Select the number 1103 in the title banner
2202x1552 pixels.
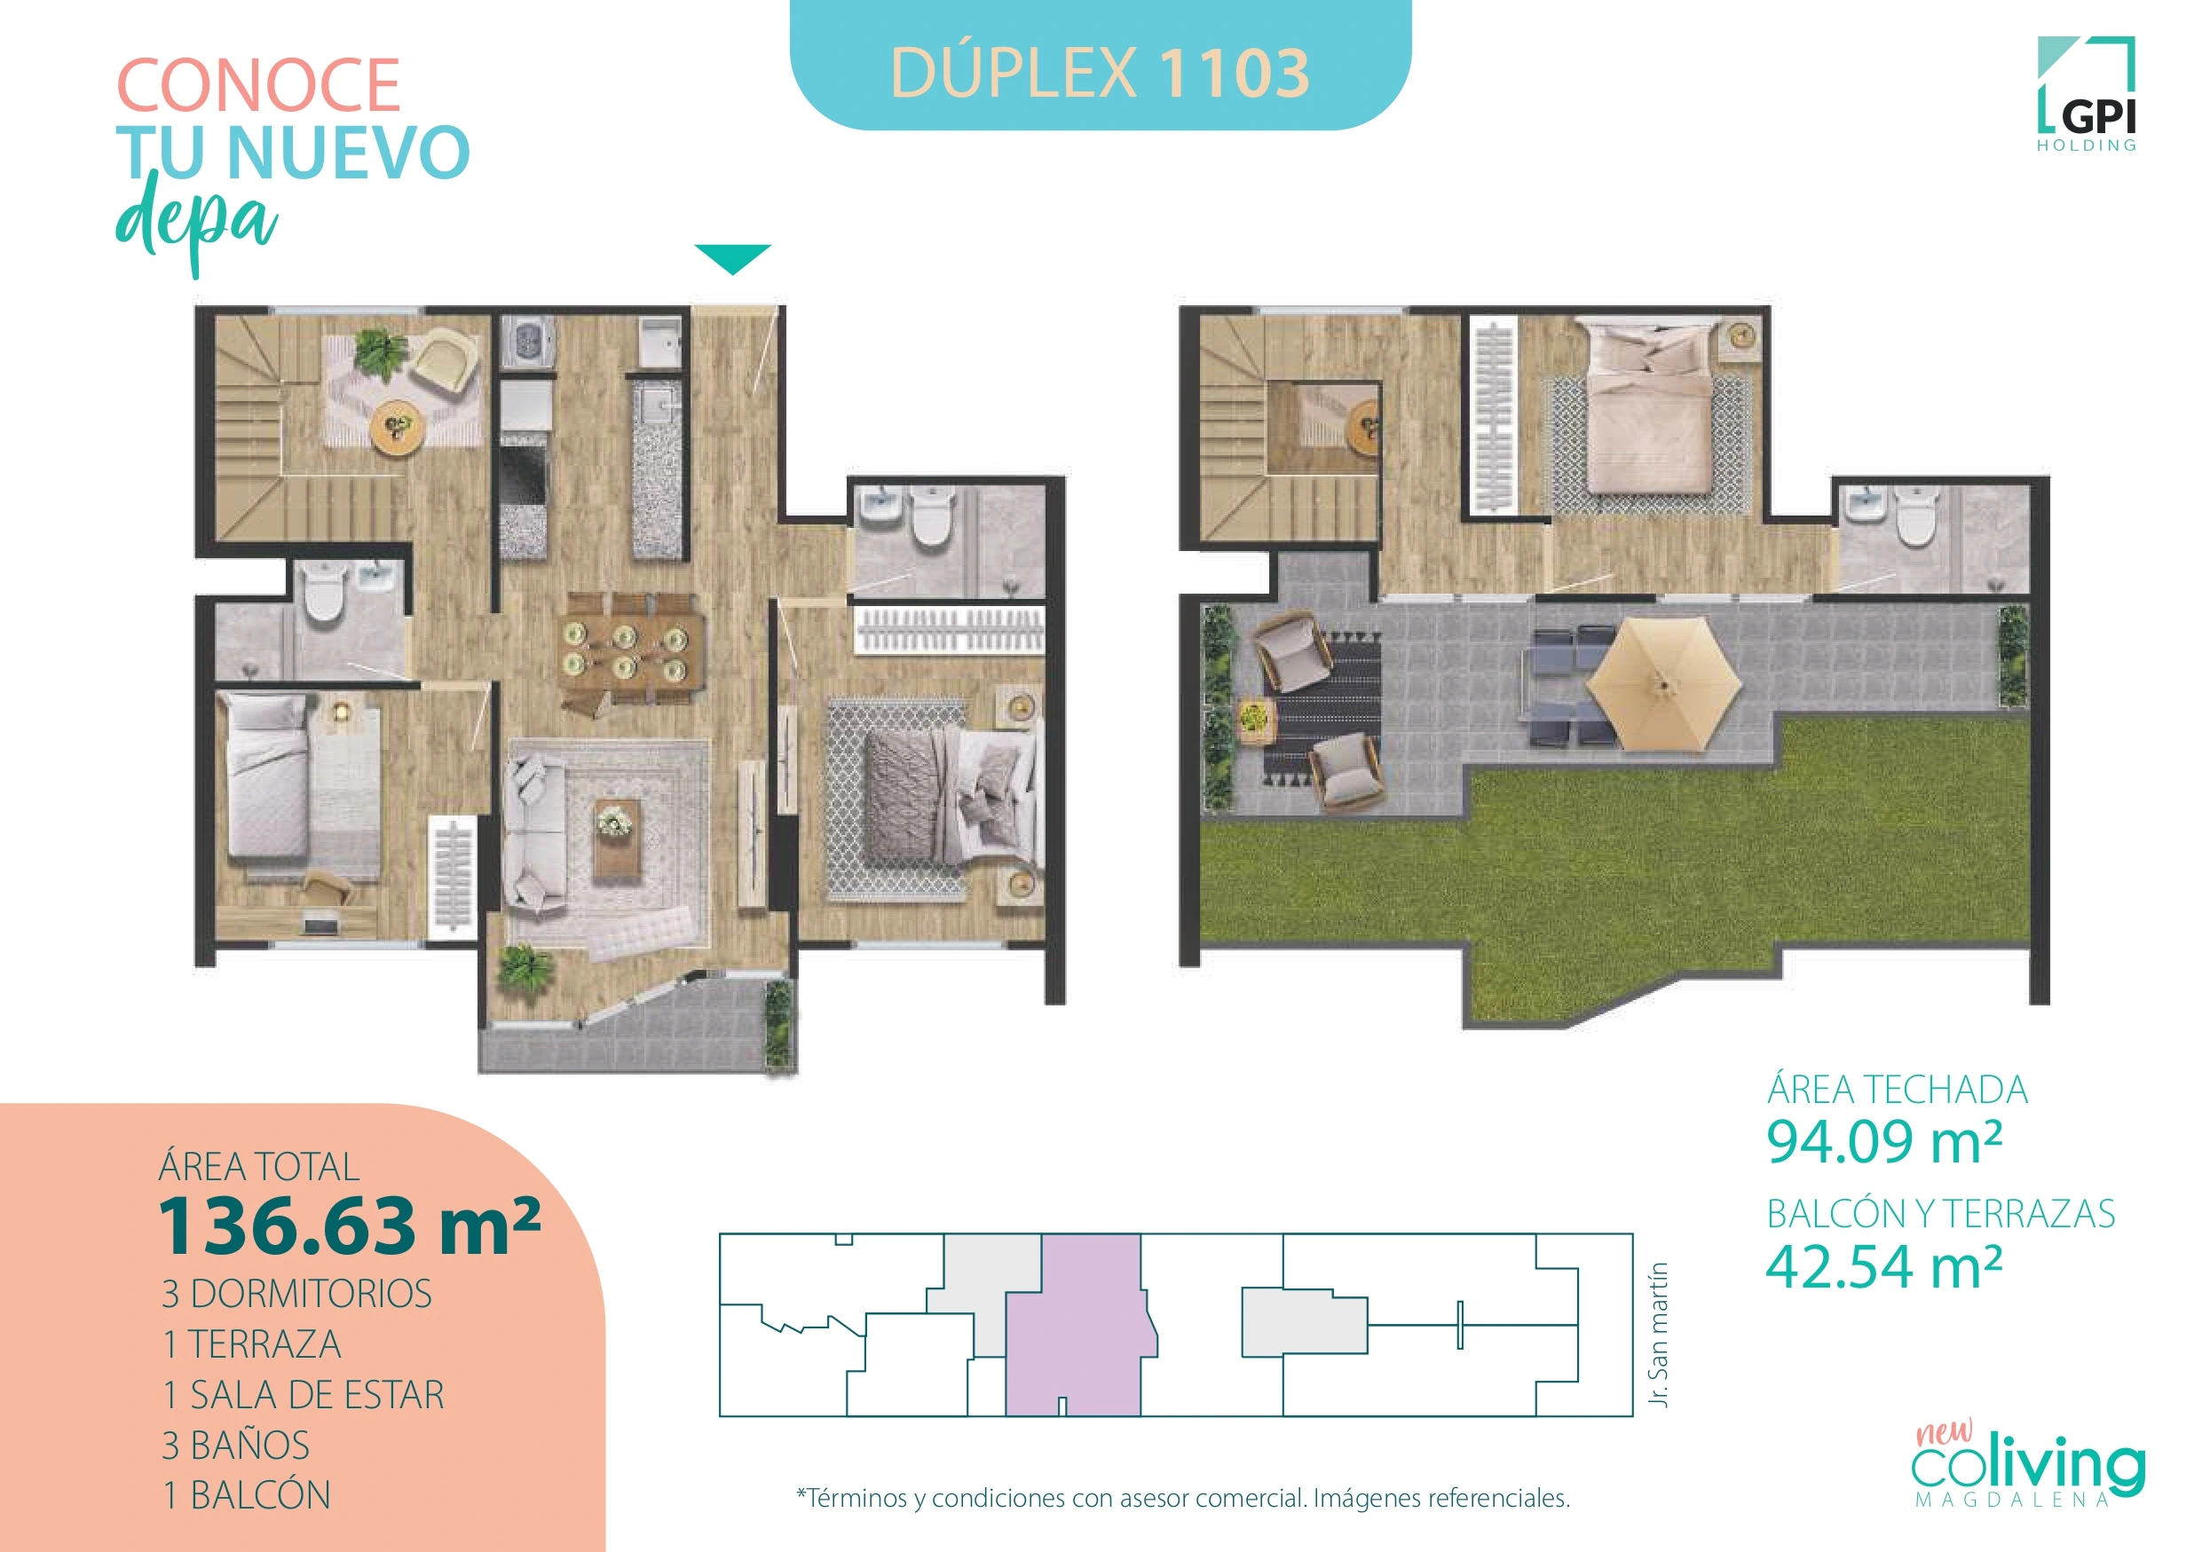[1234, 73]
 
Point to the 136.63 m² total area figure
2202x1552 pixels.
[349, 1226]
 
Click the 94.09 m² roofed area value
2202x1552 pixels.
[1883, 1142]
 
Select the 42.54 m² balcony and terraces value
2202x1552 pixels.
[1883, 1266]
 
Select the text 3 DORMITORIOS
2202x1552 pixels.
[296, 1293]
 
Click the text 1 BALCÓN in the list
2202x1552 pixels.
[247, 1494]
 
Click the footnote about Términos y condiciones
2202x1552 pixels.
[1182, 1497]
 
